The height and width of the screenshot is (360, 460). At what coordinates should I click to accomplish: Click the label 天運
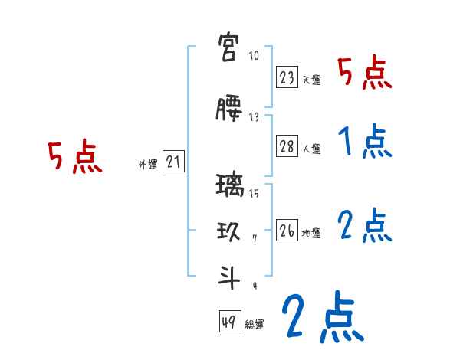pos(312,80)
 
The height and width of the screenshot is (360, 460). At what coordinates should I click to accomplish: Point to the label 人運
pos(312,149)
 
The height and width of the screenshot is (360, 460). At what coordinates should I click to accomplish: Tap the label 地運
pos(312,233)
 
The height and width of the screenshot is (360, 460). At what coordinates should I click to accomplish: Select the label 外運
pos(147,163)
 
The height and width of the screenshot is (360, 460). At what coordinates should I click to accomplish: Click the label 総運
pos(255,325)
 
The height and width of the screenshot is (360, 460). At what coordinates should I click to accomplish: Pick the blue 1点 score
pos(365,142)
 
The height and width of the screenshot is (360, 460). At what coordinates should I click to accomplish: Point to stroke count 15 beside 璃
pos(254,193)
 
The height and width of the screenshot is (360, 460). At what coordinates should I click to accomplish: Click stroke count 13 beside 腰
pos(254,116)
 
